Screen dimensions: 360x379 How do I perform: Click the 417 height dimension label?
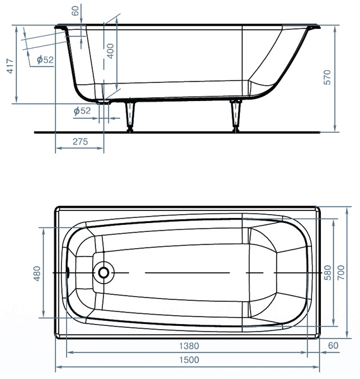pos(10,66)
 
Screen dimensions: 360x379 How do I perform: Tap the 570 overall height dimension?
pos(327,77)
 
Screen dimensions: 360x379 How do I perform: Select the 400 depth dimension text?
pos(110,51)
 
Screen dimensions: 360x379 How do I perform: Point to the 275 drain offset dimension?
pos(80,141)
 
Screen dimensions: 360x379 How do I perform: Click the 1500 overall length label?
pos(189,360)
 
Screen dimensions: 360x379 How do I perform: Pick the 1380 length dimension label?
pos(189,346)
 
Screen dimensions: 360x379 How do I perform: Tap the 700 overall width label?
pos(341,273)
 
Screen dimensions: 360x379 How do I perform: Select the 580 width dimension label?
pos(327,273)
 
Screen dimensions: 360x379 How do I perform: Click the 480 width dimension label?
pos(37,274)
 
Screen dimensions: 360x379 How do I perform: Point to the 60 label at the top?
pos(75,11)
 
